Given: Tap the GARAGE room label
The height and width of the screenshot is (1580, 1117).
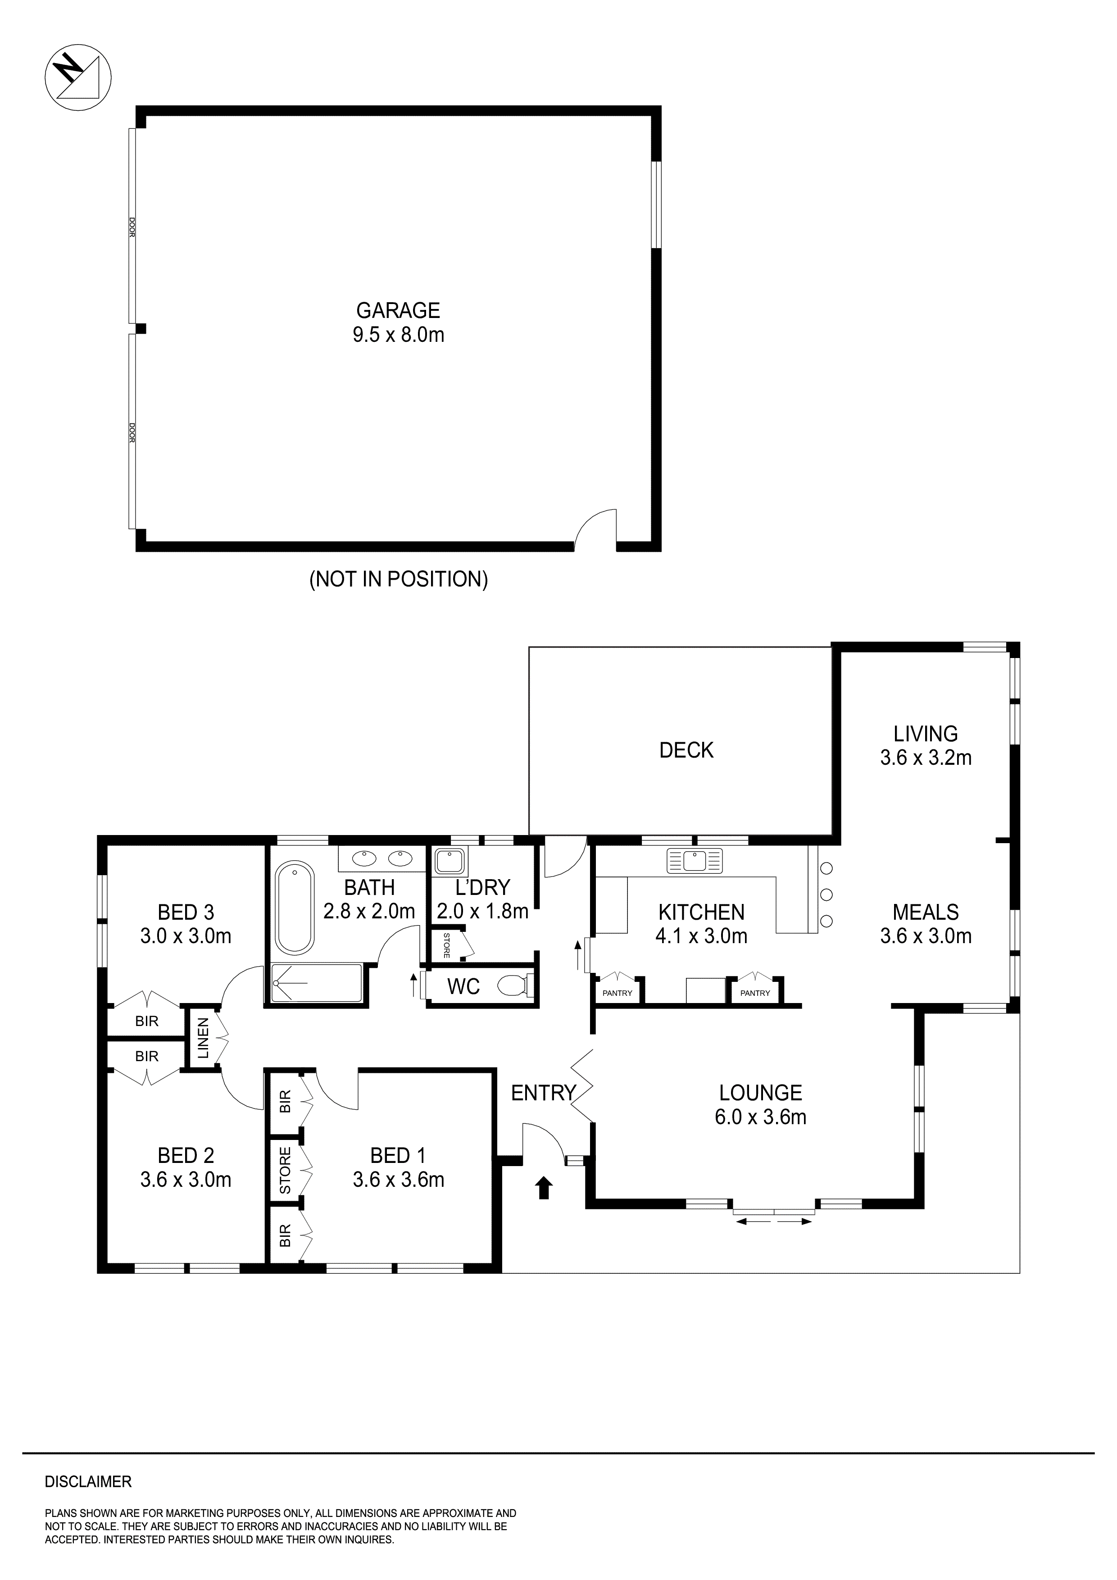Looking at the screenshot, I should [x=398, y=310].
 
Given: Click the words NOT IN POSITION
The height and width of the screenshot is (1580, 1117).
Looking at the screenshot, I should [x=399, y=579].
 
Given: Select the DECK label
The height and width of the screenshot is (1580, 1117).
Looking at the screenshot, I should [x=686, y=750].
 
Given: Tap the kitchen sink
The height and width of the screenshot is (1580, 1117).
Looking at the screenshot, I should [x=694, y=861].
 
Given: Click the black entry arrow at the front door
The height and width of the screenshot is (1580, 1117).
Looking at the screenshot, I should [x=545, y=1188].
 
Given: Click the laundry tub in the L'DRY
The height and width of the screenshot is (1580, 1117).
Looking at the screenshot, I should [x=450, y=860].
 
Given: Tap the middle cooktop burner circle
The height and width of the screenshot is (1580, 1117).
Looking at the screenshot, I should [x=826, y=894].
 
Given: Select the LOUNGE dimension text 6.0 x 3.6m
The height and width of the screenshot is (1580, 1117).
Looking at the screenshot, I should [x=760, y=1117].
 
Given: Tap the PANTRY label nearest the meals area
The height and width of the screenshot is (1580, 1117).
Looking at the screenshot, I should [x=755, y=993].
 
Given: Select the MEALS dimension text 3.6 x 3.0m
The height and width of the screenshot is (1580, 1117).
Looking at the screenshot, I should [x=926, y=936].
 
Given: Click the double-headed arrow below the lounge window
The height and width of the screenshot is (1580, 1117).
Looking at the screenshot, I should [x=774, y=1221].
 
